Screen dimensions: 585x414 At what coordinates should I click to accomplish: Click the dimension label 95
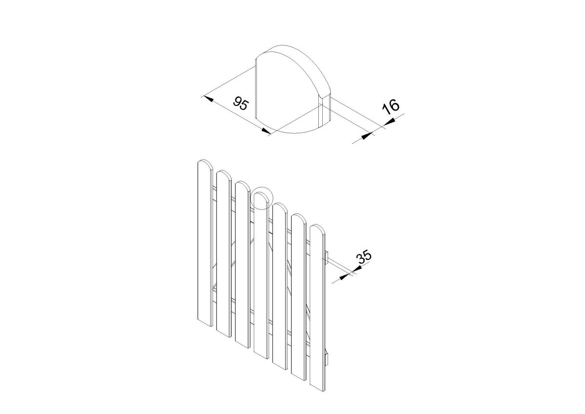tap(240, 103)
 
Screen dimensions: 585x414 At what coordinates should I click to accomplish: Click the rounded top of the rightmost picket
tap(317, 228)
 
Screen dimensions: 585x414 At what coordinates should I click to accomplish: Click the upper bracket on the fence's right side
tap(327, 257)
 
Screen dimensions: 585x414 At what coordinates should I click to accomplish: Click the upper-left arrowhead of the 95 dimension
tap(209, 99)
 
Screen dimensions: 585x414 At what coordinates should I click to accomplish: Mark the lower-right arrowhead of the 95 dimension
tap(266, 131)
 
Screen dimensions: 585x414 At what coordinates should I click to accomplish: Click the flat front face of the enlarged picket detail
tap(287, 94)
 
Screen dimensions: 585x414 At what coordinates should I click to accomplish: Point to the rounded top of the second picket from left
tap(224, 174)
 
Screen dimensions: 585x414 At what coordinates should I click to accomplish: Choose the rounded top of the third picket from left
tap(242, 185)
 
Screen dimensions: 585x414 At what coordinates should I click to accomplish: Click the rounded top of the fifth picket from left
tap(280, 207)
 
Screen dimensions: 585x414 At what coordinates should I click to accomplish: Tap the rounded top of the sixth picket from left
tap(299, 218)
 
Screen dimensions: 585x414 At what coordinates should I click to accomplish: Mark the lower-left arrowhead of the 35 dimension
tap(345, 276)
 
